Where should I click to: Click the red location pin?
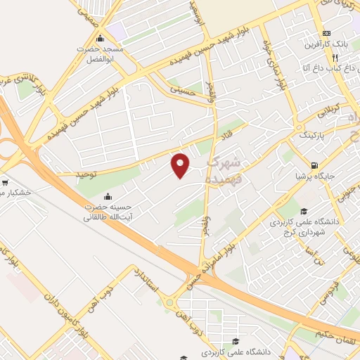point(181,165)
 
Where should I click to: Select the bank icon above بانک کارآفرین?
point(326,33)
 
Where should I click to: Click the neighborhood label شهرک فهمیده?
point(224,171)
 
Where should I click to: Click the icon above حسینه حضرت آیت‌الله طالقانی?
point(107,196)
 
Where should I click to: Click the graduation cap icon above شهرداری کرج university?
point(303,212)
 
